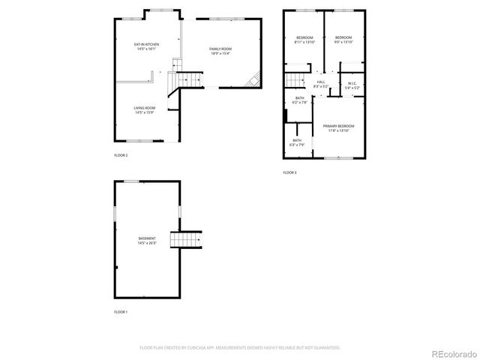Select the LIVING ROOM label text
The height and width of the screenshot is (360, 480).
pyautogui.click(x=144, y=110)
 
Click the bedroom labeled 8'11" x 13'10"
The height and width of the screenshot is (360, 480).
pyautogui.click(x=304, y=40)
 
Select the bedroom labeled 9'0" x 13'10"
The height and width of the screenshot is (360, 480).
pyautogui.click(x=343, y=40)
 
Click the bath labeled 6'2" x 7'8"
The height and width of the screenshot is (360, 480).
pyautogui.click(x=299, y=100)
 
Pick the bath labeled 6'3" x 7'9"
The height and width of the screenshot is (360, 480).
pyautogui.click(x=297, y=142)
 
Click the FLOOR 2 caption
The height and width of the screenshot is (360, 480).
pyautogui.click(x=121, y=155)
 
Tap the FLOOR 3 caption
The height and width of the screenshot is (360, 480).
pyautogui.click(x=289, y=172)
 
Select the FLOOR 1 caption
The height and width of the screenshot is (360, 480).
pyautogui.click(x=121, y=311)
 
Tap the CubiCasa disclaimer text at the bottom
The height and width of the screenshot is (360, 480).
pyautogui.click(x=240, y=347)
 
